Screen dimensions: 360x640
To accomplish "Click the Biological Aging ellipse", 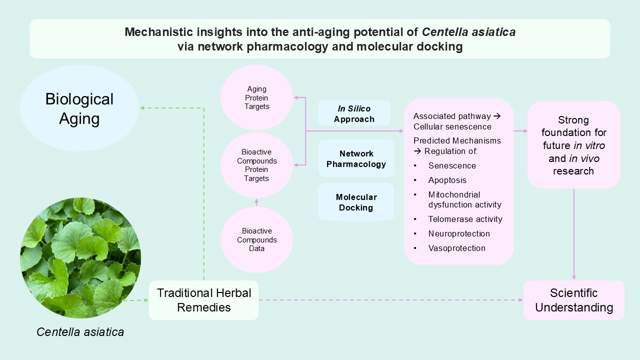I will point(79,108).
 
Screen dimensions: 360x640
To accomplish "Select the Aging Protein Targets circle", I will point(256,97).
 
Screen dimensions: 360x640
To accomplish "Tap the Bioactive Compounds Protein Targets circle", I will point(256,165).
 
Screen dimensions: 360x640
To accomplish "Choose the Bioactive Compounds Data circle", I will point(256,239).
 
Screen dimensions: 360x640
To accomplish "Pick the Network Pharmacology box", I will point(356,158).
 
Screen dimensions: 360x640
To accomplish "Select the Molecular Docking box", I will point(356,202).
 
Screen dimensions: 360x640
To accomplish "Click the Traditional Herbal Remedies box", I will point(203,300).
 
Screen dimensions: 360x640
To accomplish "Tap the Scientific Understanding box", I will point(573,300).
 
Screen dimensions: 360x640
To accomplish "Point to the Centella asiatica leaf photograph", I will point(80,258).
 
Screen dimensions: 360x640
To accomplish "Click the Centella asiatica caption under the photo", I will point(80,331).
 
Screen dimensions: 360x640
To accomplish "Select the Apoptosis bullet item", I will point(447,180).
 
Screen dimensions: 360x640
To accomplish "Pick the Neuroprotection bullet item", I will point(458,233).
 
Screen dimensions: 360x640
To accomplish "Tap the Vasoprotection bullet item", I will point(456,248).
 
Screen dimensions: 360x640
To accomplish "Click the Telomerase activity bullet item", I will point(465,219).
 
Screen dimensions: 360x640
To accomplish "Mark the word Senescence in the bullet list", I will point(452,165).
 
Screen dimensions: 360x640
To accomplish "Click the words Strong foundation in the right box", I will point(573,126).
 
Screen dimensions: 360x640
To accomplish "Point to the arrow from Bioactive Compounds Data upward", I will point(256,202).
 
